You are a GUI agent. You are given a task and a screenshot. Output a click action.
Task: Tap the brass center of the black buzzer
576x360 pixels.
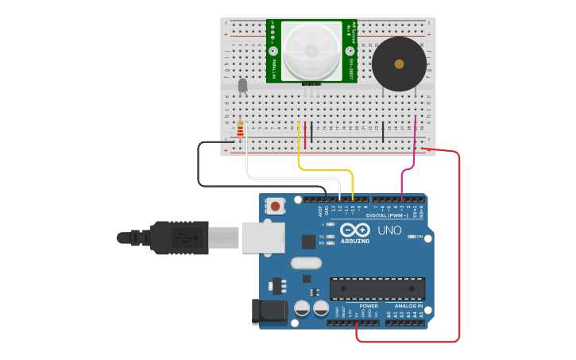[399, 64]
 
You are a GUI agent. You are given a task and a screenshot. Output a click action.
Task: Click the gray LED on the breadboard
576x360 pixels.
[242, 84]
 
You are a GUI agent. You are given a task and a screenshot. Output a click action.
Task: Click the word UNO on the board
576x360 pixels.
[389, 230]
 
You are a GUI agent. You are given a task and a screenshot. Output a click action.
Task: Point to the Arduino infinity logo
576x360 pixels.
[354, 230]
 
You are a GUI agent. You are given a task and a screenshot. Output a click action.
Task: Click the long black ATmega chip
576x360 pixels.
[377, 288]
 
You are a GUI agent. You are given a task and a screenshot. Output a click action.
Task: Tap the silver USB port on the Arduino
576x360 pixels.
[263, 238]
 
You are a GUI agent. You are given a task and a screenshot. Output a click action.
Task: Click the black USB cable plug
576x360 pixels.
[180, 238]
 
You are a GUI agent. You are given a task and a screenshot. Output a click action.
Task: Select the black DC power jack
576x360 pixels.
[269, 312]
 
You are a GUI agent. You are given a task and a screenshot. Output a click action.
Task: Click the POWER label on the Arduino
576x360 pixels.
[368, 306]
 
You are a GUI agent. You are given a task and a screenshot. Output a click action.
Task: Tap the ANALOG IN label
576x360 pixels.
[408, 306]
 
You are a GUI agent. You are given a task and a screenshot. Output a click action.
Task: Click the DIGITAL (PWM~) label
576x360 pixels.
[387, 215]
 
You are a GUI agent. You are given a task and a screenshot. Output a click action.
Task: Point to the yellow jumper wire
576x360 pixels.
[326, 169]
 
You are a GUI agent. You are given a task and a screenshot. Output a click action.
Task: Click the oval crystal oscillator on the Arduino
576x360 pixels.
[306, 263]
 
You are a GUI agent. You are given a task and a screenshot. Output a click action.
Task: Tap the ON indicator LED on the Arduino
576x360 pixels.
[411, 237]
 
